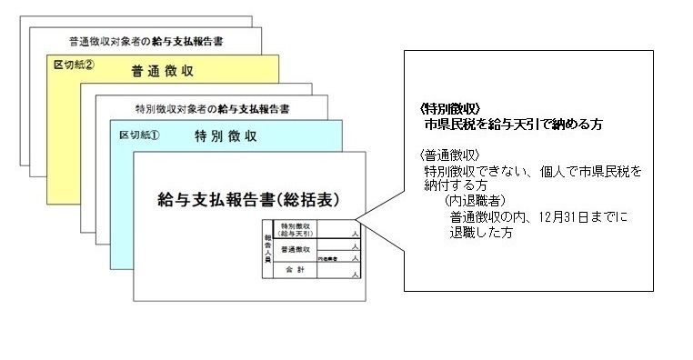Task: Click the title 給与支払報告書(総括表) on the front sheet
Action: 245,197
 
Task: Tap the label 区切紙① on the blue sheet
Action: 140,135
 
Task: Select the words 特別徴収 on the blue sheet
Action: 225,136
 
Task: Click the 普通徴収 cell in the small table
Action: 296,248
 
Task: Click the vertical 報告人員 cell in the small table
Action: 267,243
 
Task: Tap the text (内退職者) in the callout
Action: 476,200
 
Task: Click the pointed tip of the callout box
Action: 357,217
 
